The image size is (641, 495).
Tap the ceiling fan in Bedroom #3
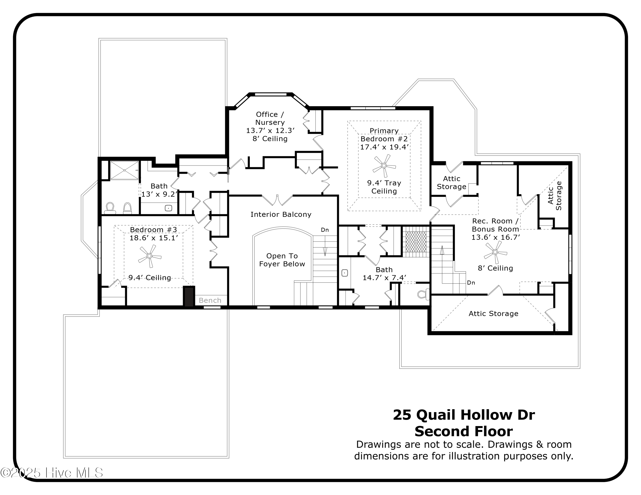click(149, 256)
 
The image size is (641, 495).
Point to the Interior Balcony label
click(281, 215)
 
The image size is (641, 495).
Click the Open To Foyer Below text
click(282, 260)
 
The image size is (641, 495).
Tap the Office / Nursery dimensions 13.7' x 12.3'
click(270, 131)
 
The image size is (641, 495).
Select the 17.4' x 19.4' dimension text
click(384, 147)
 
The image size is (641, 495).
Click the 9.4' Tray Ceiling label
click(384, 187)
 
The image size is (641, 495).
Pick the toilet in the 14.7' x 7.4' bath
click(423, 294)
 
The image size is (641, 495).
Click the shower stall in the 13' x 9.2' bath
click(124, 170)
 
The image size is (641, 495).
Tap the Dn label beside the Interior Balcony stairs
click(325, 230)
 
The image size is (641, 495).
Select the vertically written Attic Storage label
click(554, 196)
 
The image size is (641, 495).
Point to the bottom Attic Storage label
click(493, 314)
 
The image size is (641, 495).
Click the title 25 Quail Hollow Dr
click(463, 415)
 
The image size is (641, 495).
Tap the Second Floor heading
click(463, 432)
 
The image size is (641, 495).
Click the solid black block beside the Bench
click(189, 297)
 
